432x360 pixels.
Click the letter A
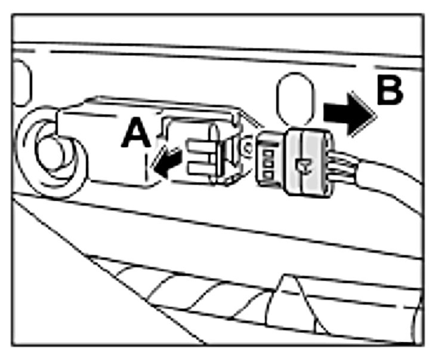pyautogui.click(x=136, y=132)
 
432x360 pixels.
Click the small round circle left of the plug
pyautogui.click(x=246, y=143)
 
